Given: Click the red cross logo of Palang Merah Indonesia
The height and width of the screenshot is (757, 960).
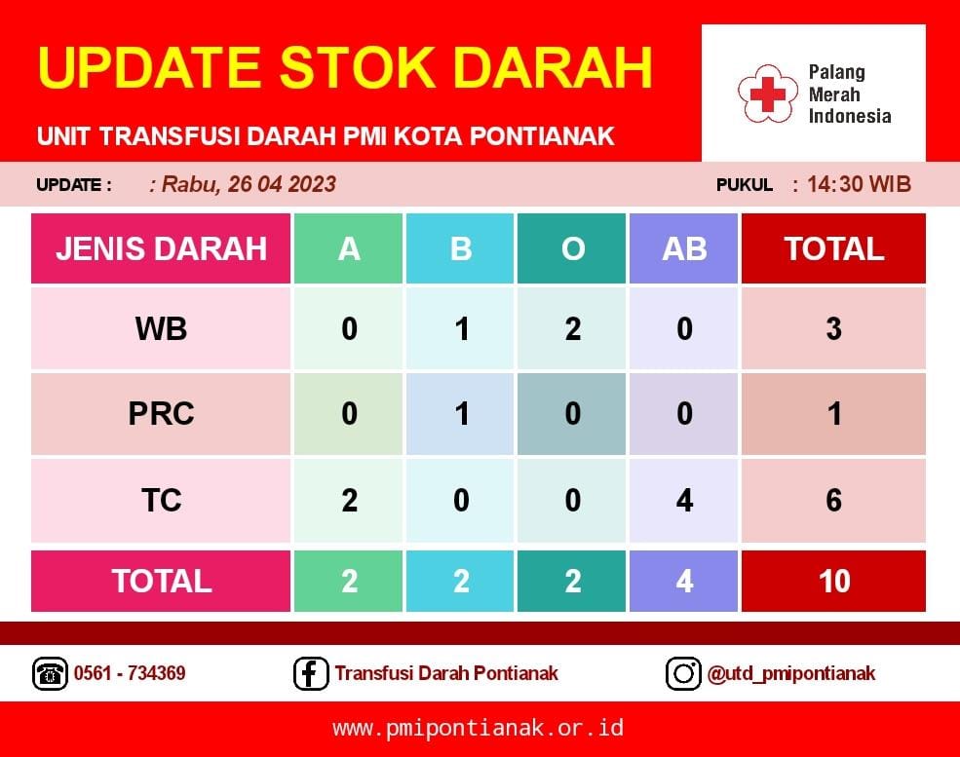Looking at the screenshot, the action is point(768,95).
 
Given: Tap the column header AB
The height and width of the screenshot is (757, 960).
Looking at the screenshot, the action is point(684,249).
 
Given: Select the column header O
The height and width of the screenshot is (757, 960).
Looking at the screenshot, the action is point(572,249).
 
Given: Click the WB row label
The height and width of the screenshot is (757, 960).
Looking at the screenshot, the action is point(161,328).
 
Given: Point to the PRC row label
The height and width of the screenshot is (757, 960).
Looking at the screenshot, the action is point(161,414).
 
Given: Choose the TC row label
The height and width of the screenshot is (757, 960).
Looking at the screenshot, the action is point(161,500).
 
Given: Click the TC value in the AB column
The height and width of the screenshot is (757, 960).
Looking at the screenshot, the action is point(684,501).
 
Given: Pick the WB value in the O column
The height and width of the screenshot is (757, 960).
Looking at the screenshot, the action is point(572,329).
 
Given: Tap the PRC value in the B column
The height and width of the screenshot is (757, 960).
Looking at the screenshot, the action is point(462,414).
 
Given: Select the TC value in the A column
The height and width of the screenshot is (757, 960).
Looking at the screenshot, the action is point(349,501).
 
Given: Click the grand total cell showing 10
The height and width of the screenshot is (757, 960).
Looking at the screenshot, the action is point(834,581).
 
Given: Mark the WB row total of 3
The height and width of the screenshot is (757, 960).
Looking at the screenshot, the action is point(833,329).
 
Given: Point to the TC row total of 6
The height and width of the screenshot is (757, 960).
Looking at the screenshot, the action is point(833,501).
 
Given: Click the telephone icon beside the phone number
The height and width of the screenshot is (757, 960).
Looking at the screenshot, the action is point(50,673).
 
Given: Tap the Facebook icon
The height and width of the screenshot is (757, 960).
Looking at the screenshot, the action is point(310,673).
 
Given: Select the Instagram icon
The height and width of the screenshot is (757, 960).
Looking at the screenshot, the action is point(682,673).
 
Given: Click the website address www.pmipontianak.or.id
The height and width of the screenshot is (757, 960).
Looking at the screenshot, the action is point(479,728).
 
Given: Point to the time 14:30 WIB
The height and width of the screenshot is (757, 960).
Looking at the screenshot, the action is point(859,184).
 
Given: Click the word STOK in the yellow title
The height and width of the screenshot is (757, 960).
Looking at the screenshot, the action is point(358,67).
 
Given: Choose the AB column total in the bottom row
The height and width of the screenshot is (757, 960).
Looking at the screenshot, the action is point(684,581).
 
